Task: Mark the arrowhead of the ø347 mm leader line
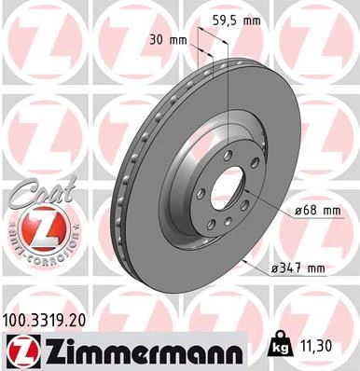(x=245, y=264)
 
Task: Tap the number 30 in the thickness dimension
(x=156, y=40)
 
